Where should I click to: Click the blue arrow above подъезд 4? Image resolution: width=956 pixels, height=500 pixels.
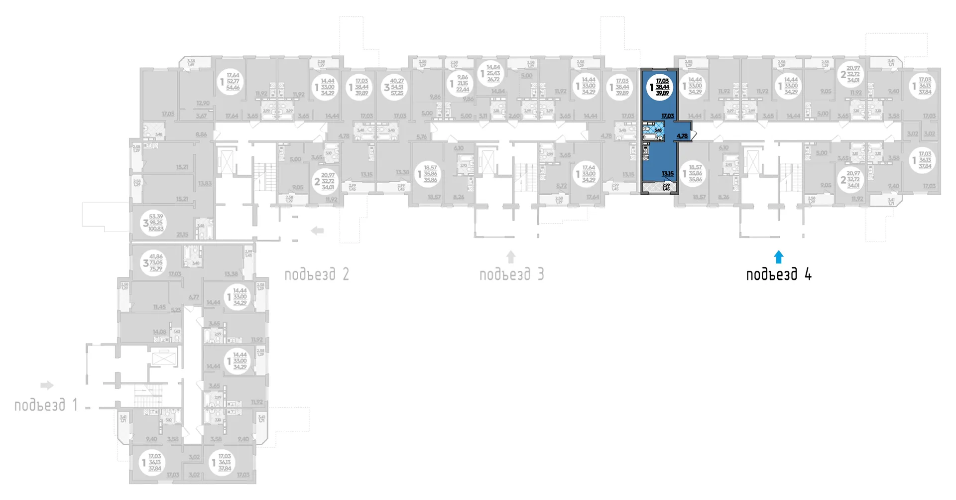(779, 257)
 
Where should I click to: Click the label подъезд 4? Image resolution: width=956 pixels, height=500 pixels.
(779, 274)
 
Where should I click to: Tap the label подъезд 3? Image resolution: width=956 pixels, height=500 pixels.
(511, 274)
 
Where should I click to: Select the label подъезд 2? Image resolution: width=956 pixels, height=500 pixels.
(317, 274)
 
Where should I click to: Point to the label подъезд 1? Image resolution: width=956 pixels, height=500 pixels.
(46, 405)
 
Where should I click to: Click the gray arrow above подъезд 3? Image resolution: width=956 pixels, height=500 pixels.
(511, 257)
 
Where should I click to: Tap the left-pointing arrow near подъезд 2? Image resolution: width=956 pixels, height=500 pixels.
(317, 231)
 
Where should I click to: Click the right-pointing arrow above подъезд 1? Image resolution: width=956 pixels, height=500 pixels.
(47, 385)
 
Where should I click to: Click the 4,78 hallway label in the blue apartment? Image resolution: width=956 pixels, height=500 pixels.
(682, 136)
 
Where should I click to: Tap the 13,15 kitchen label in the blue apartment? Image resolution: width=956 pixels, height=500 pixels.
(667, 174)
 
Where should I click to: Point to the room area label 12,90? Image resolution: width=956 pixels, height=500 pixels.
(203, 103)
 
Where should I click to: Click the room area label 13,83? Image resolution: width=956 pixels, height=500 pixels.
(205, 183)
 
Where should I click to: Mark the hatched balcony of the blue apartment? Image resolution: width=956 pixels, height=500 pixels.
(658, 188)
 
